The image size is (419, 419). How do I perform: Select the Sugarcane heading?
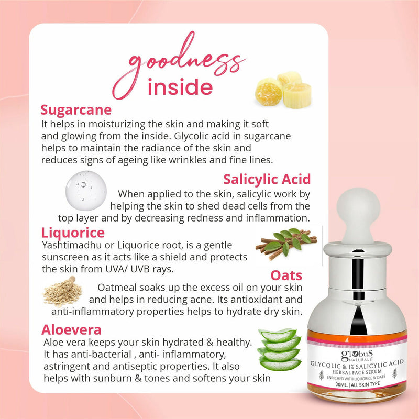pyautogui.click(x=76, y=111)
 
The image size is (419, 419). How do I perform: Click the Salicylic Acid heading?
pyautogui.click(x=267, y=179)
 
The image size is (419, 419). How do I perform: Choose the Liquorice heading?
pyautogui.click(x=73, y=232)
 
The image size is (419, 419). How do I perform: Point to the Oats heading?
pyautogui.click(x=286, y=275)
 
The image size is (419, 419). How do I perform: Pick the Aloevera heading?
pyautogui.click(x=71, y=329)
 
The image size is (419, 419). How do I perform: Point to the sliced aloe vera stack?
pyautogui.click(x=280, y=349)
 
